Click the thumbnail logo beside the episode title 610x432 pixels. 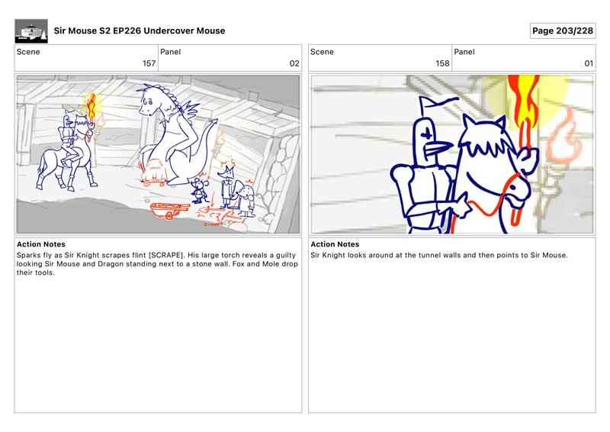click(x=31, y=31)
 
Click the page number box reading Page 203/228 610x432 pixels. click(x=563, y=31)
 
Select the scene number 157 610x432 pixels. click(x=149, y=63)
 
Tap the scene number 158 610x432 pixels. click(x=442, y=63)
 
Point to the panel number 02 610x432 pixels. click(x=294, y=63)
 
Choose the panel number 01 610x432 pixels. click(x=589, y=63)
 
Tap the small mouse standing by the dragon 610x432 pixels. click(x=200, y=190)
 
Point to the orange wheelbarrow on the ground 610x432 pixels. click(x=169, y=211)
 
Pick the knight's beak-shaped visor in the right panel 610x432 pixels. click(x=438, y=149)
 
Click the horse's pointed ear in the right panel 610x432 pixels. click(x=499, y=124)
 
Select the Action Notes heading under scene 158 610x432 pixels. click(x=335, y=245)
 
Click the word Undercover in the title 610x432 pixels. click(x=169, y=31)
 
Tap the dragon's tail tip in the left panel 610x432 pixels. click(x=214, y=121)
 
